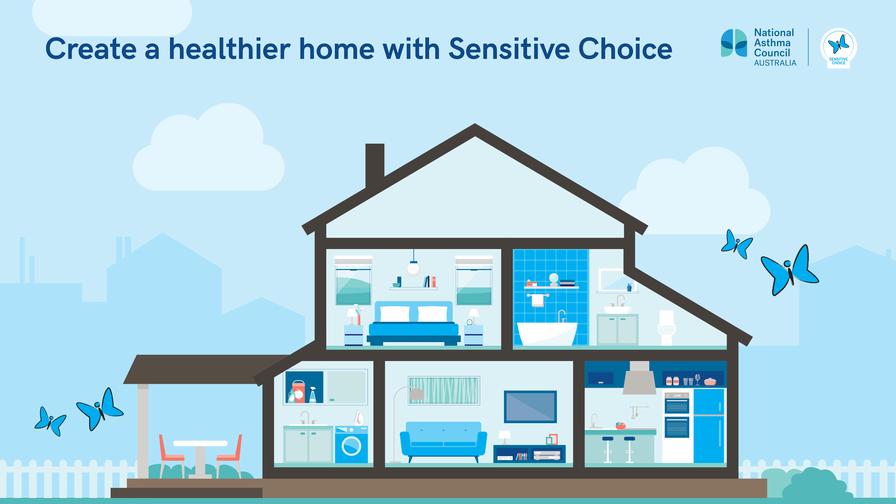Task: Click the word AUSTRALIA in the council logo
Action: pos(775,63)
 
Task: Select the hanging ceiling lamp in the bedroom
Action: pos(414,268)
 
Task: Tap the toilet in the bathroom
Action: pos(666,327)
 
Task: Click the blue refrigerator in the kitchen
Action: pos(709,426)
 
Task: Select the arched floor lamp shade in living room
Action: pos(416,394)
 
